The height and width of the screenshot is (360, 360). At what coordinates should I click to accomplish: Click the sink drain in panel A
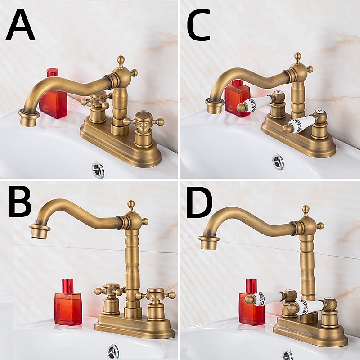click(98, 169)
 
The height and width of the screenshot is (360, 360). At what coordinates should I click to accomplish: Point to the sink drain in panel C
click(278, 161)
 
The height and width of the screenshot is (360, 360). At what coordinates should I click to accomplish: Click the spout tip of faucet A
click(30, 119)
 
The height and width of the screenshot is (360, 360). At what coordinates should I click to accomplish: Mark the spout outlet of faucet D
click(209, 243)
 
